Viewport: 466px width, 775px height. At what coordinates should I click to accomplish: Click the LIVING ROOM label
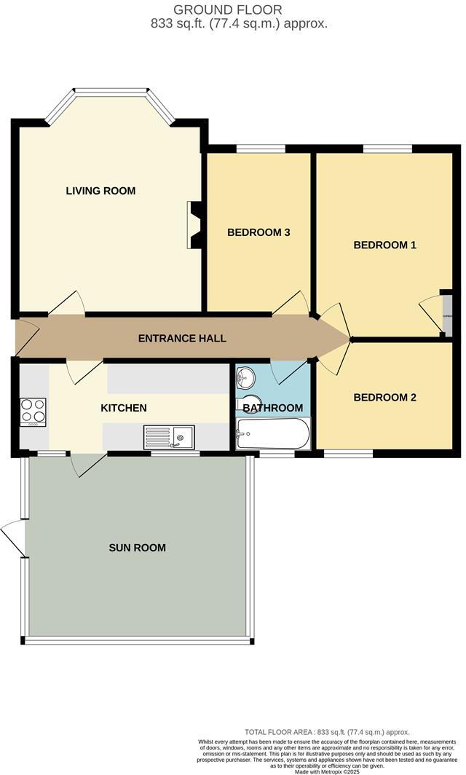(x=100, y=191)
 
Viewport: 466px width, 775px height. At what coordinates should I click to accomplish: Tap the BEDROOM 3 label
(x=258, y=232)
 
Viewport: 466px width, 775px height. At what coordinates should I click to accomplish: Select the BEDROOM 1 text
(x=384, y=245)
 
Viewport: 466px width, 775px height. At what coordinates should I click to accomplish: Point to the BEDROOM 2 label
(x=384, y=398)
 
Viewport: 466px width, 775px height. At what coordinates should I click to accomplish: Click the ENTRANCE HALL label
(x=182, y=338)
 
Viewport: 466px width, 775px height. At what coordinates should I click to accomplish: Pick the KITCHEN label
(x=124, y=408)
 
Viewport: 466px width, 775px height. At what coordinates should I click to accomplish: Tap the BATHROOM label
(x=273, y=408)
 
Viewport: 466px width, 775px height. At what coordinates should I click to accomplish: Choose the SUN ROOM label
(x=138, y=548)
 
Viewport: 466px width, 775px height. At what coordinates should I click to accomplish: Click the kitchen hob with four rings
(x=32, y=412)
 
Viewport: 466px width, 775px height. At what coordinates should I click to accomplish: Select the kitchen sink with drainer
(x=168, y=436)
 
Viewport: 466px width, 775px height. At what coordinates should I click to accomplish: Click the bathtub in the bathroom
(x=272, y=434)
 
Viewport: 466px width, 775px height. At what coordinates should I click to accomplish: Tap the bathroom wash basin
(x=246, y=377)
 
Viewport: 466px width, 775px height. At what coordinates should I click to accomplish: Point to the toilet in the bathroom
(x=243, y=406)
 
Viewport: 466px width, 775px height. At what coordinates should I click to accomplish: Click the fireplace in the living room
(x=194, y=226)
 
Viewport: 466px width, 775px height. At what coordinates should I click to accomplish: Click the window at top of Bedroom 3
(x=260, y=149)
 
